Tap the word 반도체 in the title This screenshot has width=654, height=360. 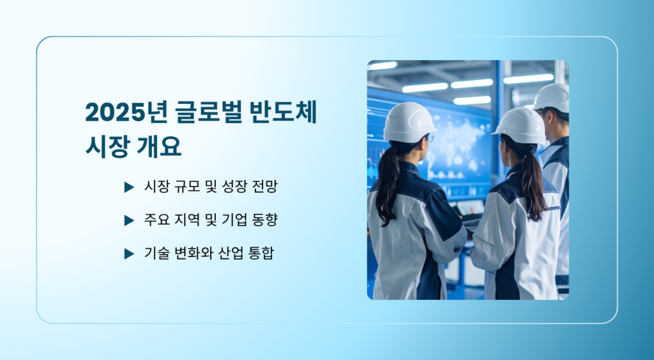coord(284,112)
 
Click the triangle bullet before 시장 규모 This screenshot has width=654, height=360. coord(129,187)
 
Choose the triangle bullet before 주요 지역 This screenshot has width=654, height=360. coord(129,220)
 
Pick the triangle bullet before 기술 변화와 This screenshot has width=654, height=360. coord(129,253)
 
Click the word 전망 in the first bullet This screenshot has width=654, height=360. coord(265,186)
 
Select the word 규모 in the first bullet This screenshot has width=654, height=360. coord(187,186)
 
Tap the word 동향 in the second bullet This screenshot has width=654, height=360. coord(265,220)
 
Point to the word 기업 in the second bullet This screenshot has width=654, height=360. coord(234,220)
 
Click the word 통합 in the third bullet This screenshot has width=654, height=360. coord(261,253)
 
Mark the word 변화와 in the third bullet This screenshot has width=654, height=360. coord(189,253)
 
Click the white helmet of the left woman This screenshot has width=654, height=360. coord(409,122)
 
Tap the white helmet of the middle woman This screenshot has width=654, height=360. coord(520,126)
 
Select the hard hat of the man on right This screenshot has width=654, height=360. coord(552,98)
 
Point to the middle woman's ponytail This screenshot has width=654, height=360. coord(532,185)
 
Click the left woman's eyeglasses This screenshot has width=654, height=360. coord(430,138)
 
